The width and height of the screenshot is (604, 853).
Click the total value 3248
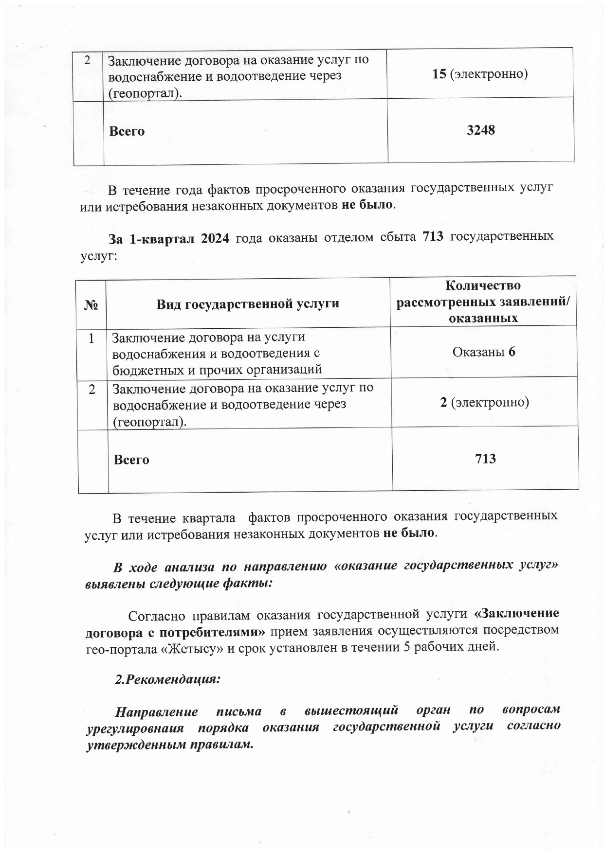click(x=480, y=130)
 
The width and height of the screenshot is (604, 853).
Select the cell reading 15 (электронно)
click(x=480, y=74)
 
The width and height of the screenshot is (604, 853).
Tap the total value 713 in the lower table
click(x=485, y=458)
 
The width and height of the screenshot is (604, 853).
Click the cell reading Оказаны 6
click(x=483, y=352)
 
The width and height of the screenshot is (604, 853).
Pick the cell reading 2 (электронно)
click(x=484, y=402)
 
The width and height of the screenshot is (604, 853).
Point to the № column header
click(x=92, y=305)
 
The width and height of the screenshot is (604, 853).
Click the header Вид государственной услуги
click(x=247, y=304)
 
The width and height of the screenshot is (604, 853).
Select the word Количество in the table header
click(x=483, y=285)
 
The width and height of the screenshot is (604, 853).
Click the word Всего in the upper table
click(x=127, y=131)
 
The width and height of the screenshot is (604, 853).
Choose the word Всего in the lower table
click(x=131, y=460)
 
